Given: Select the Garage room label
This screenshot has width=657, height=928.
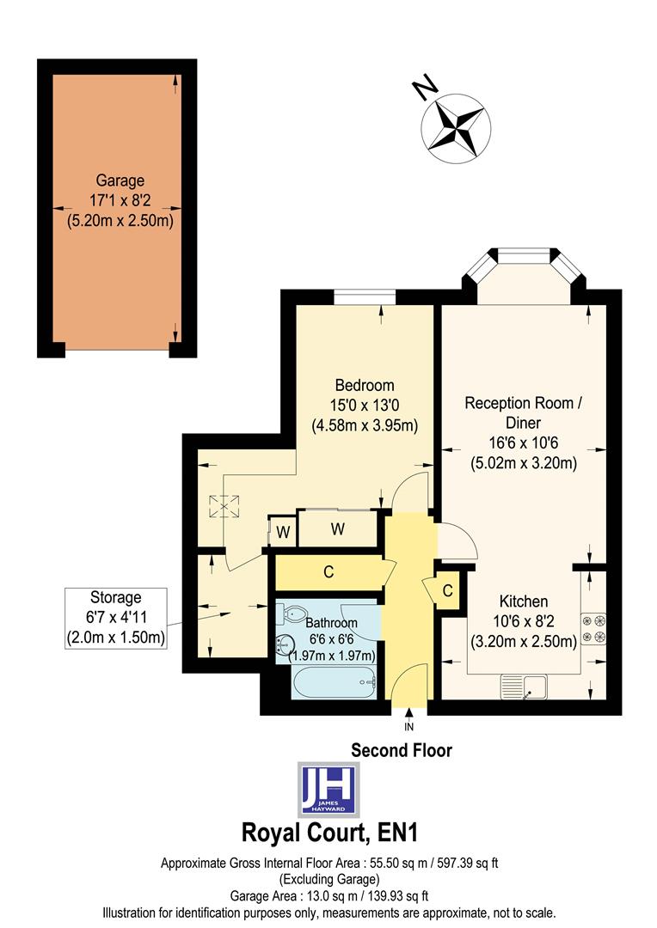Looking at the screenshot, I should (x=120, y=200).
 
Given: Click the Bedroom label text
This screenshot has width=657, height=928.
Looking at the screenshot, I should (x=364, y=405).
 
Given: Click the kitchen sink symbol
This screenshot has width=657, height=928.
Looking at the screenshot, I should (x=525, y=686).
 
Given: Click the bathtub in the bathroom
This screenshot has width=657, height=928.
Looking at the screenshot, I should (x=335, y=685).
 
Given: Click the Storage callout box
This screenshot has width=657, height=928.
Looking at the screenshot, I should (x=115, y=618).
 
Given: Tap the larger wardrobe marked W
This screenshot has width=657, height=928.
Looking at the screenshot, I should (x=337, y=528).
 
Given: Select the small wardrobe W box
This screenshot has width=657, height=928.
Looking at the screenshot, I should (x=281, y=532).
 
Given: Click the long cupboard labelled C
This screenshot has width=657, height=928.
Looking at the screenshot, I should (x=328, y=572).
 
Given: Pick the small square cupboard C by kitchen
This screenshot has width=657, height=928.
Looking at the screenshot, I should (x=447, y=590).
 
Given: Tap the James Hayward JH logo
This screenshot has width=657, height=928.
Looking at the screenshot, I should (x=328, y=789).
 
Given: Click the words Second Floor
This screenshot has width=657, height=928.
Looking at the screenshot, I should (x=402, y=750).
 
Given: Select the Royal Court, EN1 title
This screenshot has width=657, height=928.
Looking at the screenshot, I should (x=328, y=833).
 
